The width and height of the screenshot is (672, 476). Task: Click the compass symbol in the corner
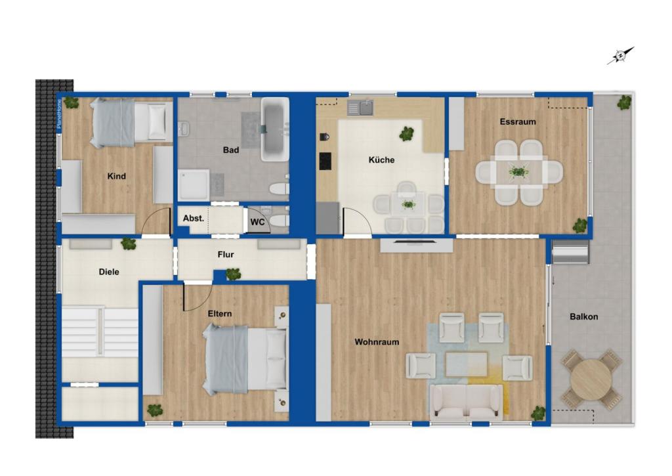620,55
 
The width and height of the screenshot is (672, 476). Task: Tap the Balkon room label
583,316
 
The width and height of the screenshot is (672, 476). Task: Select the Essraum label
518,121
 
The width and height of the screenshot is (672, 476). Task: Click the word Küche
381,160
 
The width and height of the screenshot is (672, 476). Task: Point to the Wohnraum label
377,342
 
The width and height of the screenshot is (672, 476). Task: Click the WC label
257,222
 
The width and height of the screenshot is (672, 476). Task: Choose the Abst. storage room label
194,218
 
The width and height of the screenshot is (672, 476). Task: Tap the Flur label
226,254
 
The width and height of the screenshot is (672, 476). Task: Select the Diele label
109,271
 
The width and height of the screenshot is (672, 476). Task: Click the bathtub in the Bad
275,129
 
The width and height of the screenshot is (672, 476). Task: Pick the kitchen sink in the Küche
360,108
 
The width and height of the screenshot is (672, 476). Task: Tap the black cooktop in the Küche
325,161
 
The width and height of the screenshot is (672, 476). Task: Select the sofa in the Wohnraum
467,402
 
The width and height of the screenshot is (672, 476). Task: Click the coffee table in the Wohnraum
467,364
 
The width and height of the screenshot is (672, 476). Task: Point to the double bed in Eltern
245,358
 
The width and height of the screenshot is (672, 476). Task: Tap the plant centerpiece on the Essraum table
518,171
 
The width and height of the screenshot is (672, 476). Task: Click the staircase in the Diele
100,332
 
